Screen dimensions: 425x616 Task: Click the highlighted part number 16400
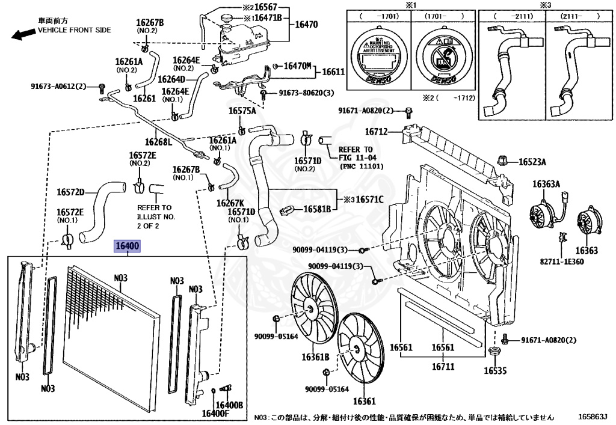(x=128, y=246)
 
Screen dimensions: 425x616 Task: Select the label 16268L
(x=161, y=142)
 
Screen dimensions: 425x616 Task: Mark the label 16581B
(x=316, y=209)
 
